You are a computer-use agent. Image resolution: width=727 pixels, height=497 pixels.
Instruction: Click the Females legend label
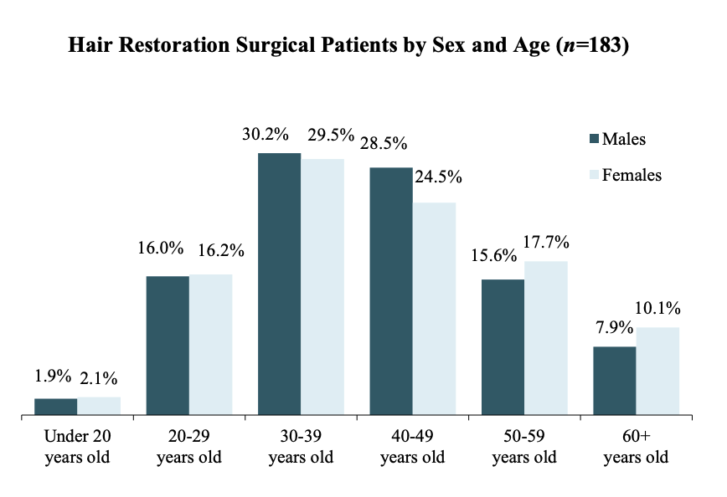tap(632, 175)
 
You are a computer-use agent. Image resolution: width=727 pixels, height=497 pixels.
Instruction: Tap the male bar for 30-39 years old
tap(279, 284)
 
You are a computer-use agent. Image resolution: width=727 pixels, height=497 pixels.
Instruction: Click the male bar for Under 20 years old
tap(55, 407)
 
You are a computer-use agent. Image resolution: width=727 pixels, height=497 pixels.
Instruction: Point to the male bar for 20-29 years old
tap(168, 345)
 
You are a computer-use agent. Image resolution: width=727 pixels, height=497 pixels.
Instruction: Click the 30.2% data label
tap(266, 135)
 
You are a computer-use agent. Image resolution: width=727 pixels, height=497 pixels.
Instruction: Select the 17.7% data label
tap(546, 243)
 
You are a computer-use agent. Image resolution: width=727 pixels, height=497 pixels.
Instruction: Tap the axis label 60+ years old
tap(636, 447)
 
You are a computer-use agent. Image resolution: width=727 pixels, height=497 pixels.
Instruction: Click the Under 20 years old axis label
tap(77, 447)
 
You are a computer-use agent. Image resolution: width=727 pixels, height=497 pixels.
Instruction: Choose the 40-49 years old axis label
tap(412, 447)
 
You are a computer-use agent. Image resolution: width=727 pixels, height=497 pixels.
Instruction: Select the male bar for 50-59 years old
tap(503, 346)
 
